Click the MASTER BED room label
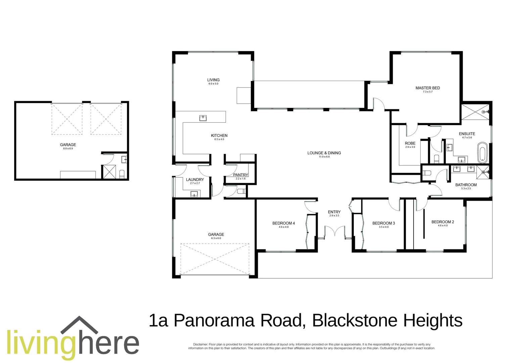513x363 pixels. [427, 88]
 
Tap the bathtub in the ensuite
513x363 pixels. [482, 152]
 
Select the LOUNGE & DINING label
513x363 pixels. [324, 153]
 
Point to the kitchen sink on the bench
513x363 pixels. [203, 118]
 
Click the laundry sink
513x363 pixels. [194, 194]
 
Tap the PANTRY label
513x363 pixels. [240, 175]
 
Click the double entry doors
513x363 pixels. [334, 232]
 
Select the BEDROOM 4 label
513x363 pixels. [283, 223]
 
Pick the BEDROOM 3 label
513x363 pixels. [383, 223]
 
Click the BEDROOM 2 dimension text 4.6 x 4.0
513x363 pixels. [442, 226]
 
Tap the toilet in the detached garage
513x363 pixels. [122, 174]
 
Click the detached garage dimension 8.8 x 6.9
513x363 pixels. [68, 149]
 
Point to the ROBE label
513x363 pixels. [410, 143]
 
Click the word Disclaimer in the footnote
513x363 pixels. [200, 345]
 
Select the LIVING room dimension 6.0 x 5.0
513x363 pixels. [213, 84]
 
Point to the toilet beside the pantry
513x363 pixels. [241, 192]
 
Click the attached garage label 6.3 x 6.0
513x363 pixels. [216, 238]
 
